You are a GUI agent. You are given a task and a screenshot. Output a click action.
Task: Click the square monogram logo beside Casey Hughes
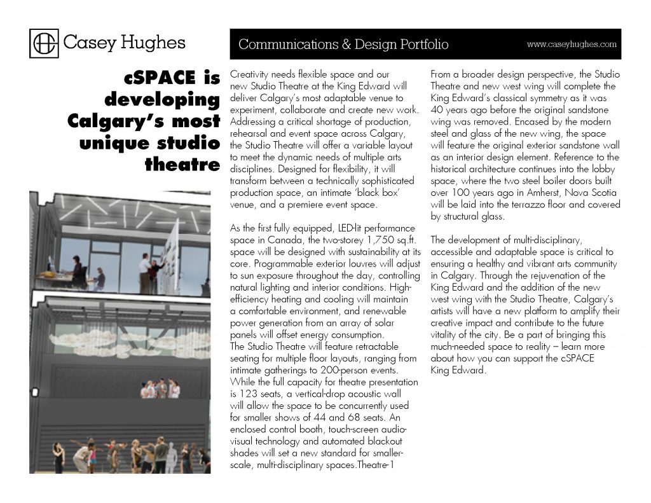point(45,43)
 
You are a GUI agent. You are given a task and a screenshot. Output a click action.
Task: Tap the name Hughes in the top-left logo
point(153,43)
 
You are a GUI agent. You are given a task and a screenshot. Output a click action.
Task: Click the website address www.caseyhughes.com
point(572,45)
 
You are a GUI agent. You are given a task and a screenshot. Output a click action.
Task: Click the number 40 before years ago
point(437,99)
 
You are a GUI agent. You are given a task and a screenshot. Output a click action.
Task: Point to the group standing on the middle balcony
point(160,388)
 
